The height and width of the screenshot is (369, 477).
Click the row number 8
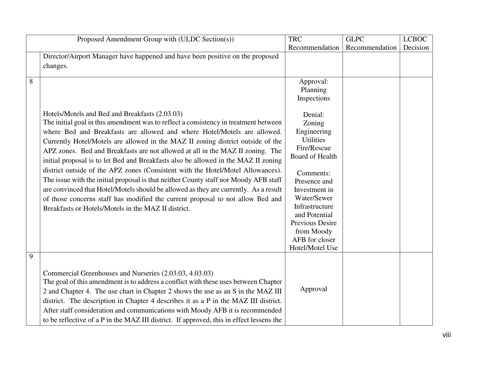tap(31, 82)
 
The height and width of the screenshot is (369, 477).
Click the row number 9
tap(31, 257)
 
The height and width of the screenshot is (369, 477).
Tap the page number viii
tap(446, 335)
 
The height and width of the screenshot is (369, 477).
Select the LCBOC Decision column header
tap(416, 43)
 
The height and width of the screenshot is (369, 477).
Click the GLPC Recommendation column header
tap(371, 43)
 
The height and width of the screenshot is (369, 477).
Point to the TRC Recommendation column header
tap(313, 43)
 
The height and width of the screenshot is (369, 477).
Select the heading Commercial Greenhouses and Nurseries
tap(101, 273)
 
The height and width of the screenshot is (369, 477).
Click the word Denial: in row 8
tap(313, 115)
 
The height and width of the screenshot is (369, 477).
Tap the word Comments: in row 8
tap(313, 173)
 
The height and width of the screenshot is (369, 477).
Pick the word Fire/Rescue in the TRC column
tap(313, 148)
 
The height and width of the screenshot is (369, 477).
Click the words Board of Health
tap(313, 157)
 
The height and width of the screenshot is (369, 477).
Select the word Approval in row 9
tap(313, 289)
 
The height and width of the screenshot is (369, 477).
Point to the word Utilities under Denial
tap(313, 140)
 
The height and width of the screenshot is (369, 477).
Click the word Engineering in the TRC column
tap(313, 132)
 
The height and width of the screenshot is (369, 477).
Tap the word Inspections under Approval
tap(313, 98)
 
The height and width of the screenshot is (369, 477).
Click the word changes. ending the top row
tap(56, 66)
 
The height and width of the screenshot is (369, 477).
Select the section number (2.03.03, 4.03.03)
tap(187, 273)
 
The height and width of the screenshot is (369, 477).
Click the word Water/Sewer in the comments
tap(313, 198)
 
